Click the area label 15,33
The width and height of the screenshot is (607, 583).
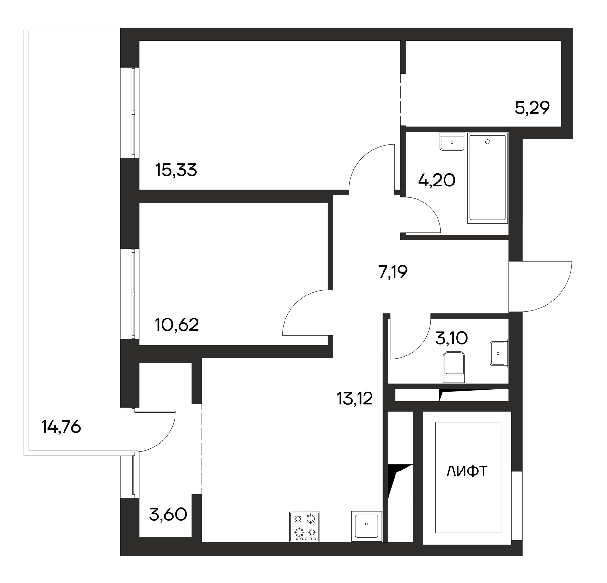click(176, 171)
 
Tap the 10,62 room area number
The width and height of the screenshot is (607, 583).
click(177, 325)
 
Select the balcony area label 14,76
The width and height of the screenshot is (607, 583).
click(61, 427)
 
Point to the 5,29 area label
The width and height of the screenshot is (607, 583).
click(532, 108)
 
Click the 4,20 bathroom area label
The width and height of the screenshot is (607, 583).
click(437, 180)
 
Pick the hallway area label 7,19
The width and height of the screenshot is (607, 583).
click(393, 272)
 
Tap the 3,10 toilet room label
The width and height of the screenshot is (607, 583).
click(451, 338)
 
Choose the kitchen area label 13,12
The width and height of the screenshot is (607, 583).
click(355, 398)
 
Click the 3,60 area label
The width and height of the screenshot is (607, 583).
click(168, 515)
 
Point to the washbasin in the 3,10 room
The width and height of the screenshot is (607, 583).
click(499, 353)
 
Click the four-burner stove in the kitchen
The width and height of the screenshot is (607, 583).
click(304, 527)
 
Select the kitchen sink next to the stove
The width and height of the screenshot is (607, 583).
click(366, 526)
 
